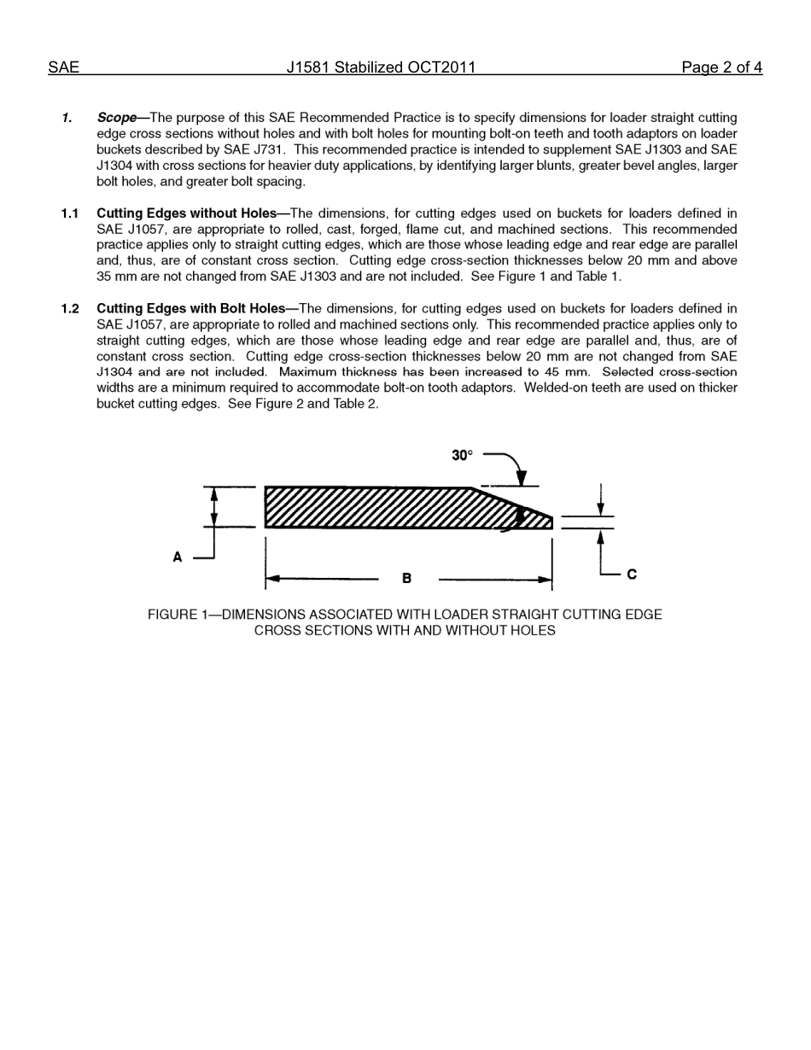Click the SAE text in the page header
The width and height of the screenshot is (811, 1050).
point(63,67)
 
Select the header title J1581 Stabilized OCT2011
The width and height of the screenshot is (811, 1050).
point(381,67)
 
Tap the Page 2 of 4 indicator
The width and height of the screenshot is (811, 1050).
point(721,67)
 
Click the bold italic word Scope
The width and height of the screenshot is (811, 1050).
point(116,118)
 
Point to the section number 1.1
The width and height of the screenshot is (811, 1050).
point(70,213)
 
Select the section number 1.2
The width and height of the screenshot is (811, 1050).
point(70,309)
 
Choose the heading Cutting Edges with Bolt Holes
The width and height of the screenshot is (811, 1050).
point(190,309)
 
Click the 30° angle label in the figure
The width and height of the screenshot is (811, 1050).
point(462,456)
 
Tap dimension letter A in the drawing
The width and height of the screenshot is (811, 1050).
point(178,557)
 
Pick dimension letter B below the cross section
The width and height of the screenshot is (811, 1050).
point(406,579)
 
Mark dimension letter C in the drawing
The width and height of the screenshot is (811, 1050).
point(632,575)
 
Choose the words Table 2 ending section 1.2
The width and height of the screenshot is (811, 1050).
point(354,404)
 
